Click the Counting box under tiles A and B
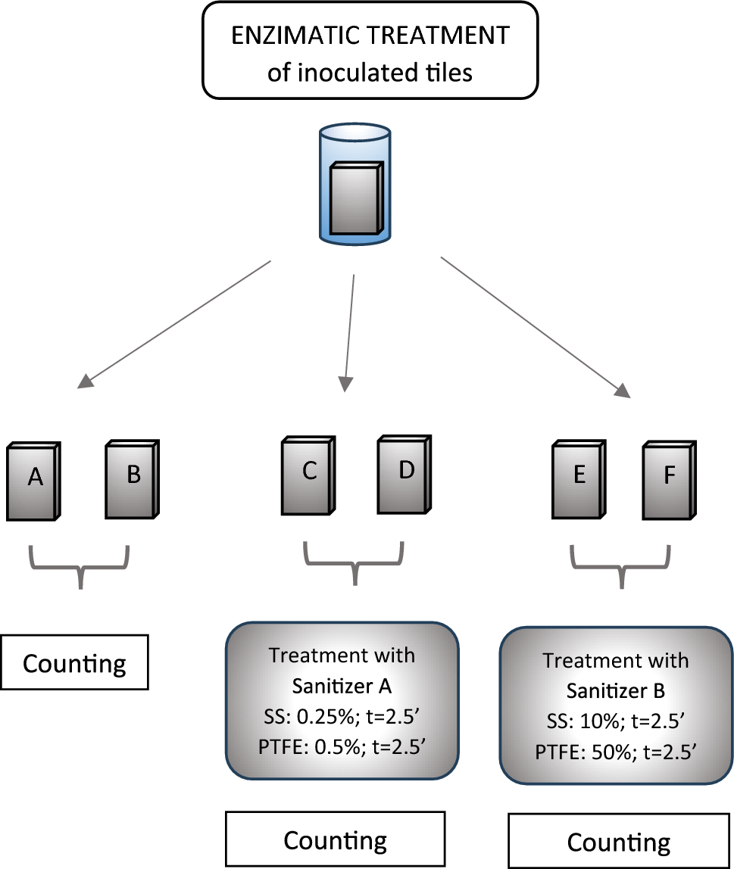[x=74, y=663]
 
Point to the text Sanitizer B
[x=616, y=691]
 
